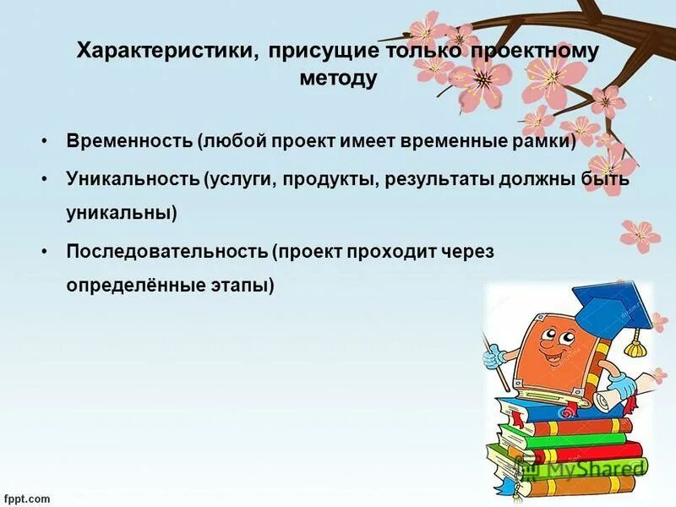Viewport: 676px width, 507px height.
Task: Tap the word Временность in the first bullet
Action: [129, 140]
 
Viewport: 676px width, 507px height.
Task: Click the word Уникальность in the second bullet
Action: [132, 179]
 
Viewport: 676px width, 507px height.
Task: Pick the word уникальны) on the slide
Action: [122, 213]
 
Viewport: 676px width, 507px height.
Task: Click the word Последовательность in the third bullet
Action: [166, 251]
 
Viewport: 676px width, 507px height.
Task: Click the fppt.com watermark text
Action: [26, 499]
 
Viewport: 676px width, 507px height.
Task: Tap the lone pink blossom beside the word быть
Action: [640, 233]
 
